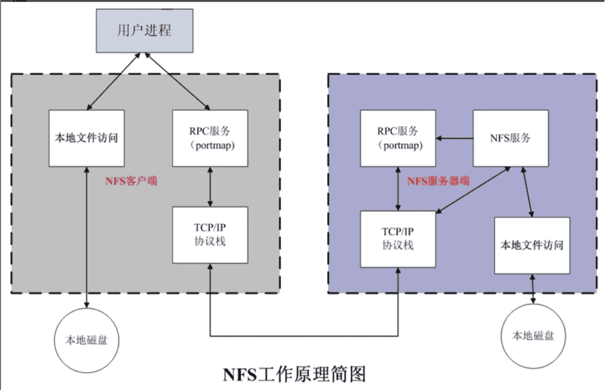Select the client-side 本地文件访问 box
tap(87, 138)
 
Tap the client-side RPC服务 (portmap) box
tap(210, 138)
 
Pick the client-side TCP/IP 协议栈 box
tap(210, 235)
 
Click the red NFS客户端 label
tap(131, 181)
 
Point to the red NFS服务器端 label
tap(438, 181)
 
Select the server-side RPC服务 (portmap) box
tap(397, 138)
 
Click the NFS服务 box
tap(510, 138)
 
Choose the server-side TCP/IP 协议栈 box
tap(397, 239)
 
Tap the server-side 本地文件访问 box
tap(532, 245)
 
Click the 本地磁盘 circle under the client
tap(86, 340)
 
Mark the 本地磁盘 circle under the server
tap(532, 336)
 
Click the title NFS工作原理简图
tap(294, 373)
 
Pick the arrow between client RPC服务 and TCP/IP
tap(210, 186)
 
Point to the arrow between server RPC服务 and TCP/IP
tap(397, 189)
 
